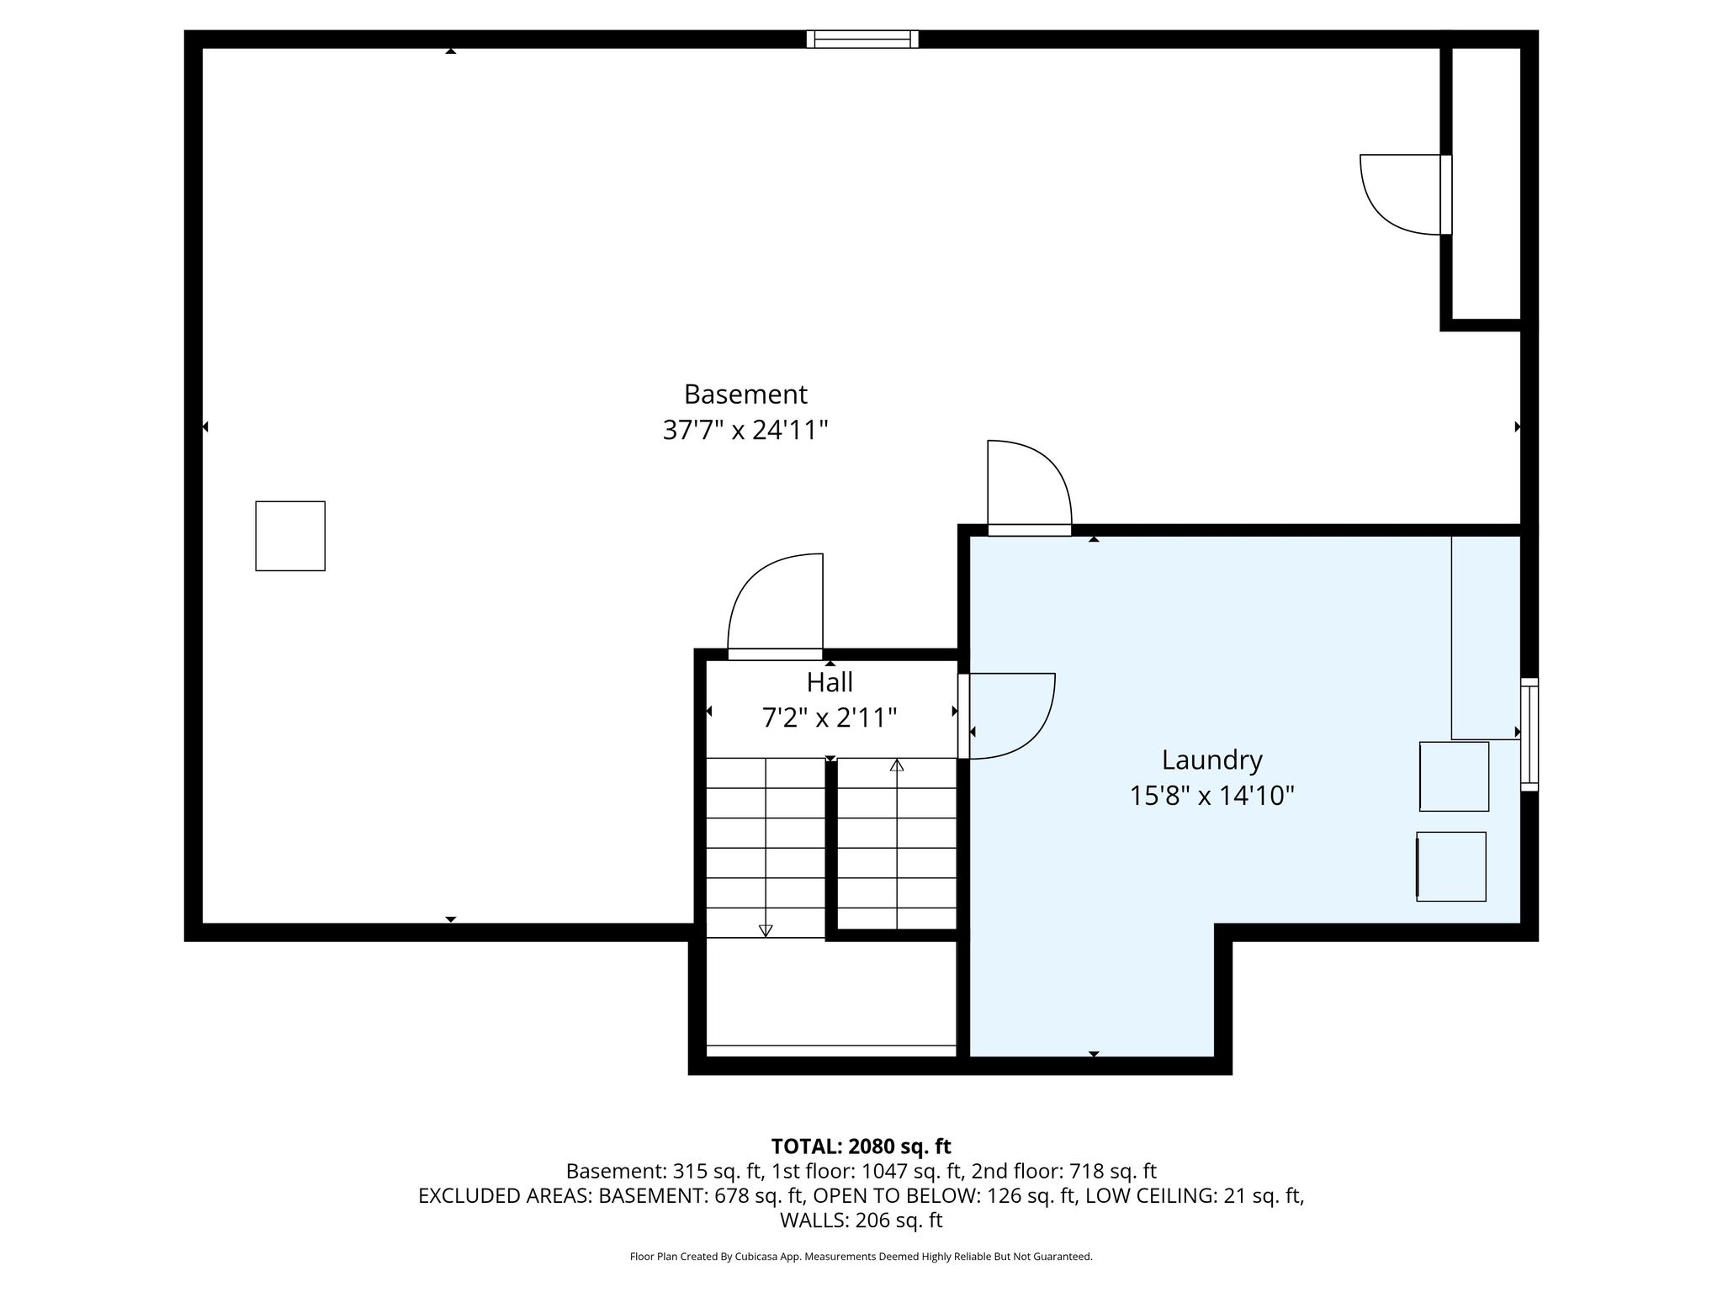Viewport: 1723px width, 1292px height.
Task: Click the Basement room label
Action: pos(745,394)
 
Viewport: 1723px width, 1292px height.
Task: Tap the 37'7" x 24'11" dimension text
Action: pos(745,431)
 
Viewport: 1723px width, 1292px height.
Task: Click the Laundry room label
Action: pos(1211,760)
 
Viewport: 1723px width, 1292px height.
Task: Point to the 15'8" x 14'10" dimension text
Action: pos(1211,796)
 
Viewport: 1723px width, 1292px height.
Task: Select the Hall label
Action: pos(830,681)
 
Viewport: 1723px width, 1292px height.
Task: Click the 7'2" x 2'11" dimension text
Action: pos(830,717)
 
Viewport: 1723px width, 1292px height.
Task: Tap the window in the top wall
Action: pos(862,39)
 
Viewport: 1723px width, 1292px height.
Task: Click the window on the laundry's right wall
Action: pos(1529,734)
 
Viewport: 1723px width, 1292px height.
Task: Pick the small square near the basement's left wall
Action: pos(290,536)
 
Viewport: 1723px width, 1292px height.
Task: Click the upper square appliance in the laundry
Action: pos(1454,776)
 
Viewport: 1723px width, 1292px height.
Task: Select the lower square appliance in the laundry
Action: pos(1451,866)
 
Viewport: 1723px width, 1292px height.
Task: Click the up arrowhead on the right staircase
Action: pos(897,765)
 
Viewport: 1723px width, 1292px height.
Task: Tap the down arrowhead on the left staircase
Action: pos(766,930)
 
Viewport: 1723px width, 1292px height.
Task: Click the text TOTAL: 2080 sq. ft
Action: pos(861,1146)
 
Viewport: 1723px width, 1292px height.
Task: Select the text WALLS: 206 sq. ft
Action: pos(861,1221)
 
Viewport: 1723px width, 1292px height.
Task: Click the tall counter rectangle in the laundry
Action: pos(1486,638)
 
